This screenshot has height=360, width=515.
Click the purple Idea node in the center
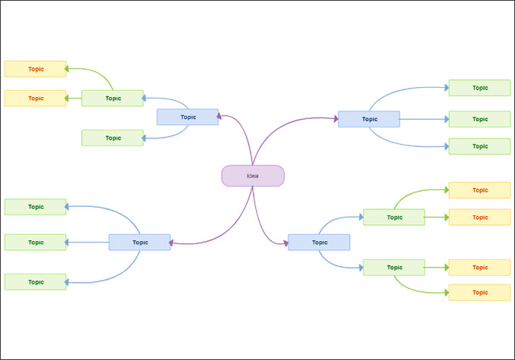click(252, 176)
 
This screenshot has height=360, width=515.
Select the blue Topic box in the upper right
click(369, 119)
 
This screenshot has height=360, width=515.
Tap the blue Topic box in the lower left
click(139, 243)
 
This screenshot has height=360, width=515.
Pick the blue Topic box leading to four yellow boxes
click(319, 243)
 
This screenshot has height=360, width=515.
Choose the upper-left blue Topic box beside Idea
click(188, 117)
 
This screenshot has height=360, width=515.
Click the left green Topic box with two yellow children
click(112, 98)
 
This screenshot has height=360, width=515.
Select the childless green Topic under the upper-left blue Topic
click(112, 138)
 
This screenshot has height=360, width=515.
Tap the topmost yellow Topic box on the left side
click(35, 69)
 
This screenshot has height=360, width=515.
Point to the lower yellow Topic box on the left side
click(35, 98)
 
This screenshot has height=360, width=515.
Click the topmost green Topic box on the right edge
click(479, 88)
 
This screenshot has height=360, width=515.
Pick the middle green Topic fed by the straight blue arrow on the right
click(479, 119)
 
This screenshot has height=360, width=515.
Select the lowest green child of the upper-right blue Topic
click(479, 146)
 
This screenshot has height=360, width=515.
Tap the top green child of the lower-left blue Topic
click(35, 206)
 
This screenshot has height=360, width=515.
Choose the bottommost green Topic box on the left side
click(35, 282)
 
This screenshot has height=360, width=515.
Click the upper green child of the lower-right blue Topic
click(394, 218)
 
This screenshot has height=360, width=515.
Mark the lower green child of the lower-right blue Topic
click(394, 268)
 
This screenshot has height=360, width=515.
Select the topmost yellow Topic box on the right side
click(479, 189)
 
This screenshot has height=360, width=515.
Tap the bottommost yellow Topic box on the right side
click(479, 293)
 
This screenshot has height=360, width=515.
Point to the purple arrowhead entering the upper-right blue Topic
click(335, 119)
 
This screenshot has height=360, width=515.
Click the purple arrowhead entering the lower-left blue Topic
click(173, 243)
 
